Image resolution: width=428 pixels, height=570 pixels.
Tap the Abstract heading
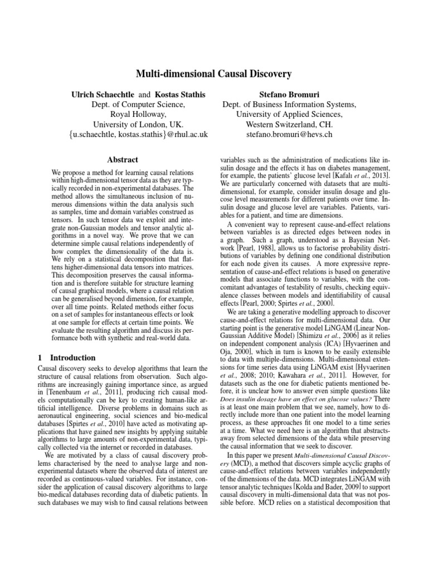click(122, 159)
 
